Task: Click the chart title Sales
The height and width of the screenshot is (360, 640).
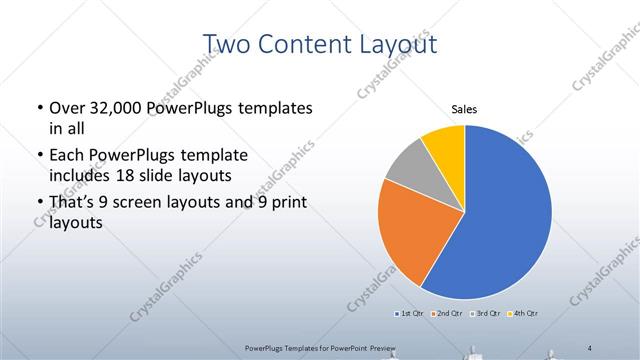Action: coord(465,108)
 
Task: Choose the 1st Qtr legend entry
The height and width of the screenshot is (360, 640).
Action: coord(411,314)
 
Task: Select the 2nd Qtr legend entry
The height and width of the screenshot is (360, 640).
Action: coord(447,314)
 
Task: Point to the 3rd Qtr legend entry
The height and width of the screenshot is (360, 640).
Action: coord(484,314)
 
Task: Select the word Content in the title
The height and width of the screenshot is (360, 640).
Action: coord(308,44)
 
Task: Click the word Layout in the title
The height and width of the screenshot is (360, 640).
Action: coord(399,44)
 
